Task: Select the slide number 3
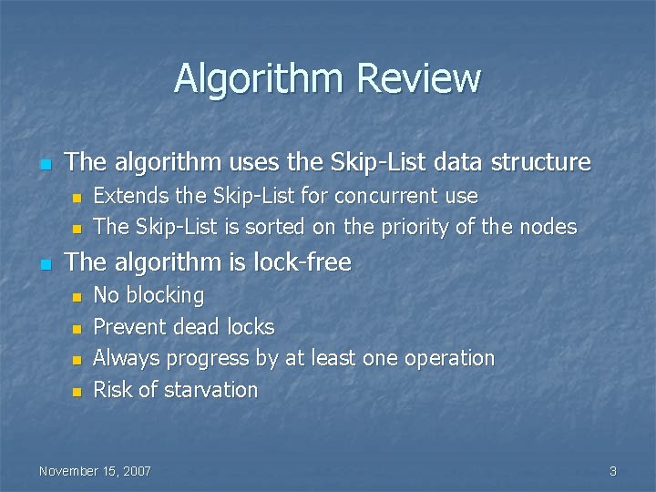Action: (613, 471)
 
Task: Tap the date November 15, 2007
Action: (95, 471)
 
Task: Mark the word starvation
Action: (210, 390)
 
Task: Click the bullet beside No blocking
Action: (77, 296)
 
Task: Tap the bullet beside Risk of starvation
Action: (77, 391)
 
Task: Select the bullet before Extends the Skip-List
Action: (77, 197)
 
